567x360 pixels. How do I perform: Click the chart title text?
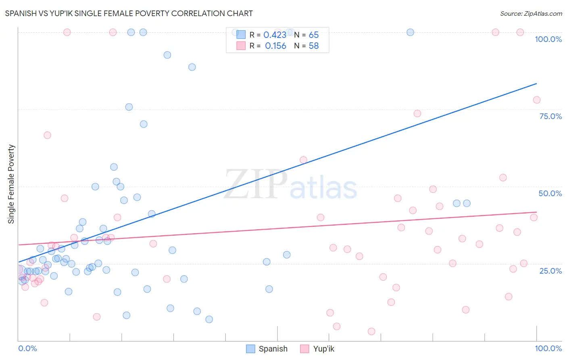[x=129, y=13]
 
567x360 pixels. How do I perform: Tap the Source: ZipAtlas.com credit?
[x=531, y=13]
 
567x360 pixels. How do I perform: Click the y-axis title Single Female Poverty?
[x=11, y=184]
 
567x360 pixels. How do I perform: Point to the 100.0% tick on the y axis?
[x=548, y=39]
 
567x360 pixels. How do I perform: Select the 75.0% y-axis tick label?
[x=550, y=116]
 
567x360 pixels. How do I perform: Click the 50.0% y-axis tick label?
[x=550, y=193]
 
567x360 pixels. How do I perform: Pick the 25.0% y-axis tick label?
[x=550, y=271]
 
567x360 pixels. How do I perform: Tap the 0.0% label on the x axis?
[x=27, y=348]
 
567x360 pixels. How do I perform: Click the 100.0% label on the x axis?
[x=548, y=348]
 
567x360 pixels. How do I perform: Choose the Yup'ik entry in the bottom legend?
[x=317, y=349]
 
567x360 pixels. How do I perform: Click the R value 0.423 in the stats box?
[x=275, y=35]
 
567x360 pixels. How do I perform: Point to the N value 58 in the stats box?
[x=313, y=46]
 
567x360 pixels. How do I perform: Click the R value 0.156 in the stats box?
[x=275, y=46]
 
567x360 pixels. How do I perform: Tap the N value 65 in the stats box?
[x=313, y=35]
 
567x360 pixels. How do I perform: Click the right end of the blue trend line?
[x=536, y=84]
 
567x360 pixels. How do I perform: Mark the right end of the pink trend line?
[x=536, y=212]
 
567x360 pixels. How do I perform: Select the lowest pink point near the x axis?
[x=371, y=331]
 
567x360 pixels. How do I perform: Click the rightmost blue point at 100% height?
[x=410, y=32]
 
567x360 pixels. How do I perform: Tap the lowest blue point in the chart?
[x=209, y=319]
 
